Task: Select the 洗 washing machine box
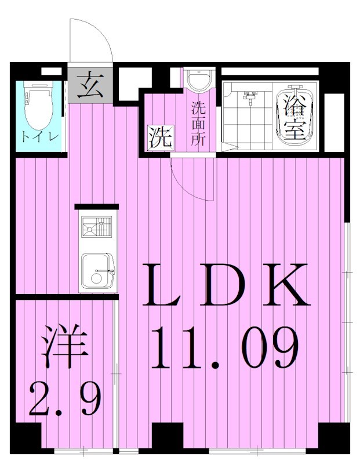[x=160, y=137]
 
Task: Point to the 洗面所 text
[x=198, y=124]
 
